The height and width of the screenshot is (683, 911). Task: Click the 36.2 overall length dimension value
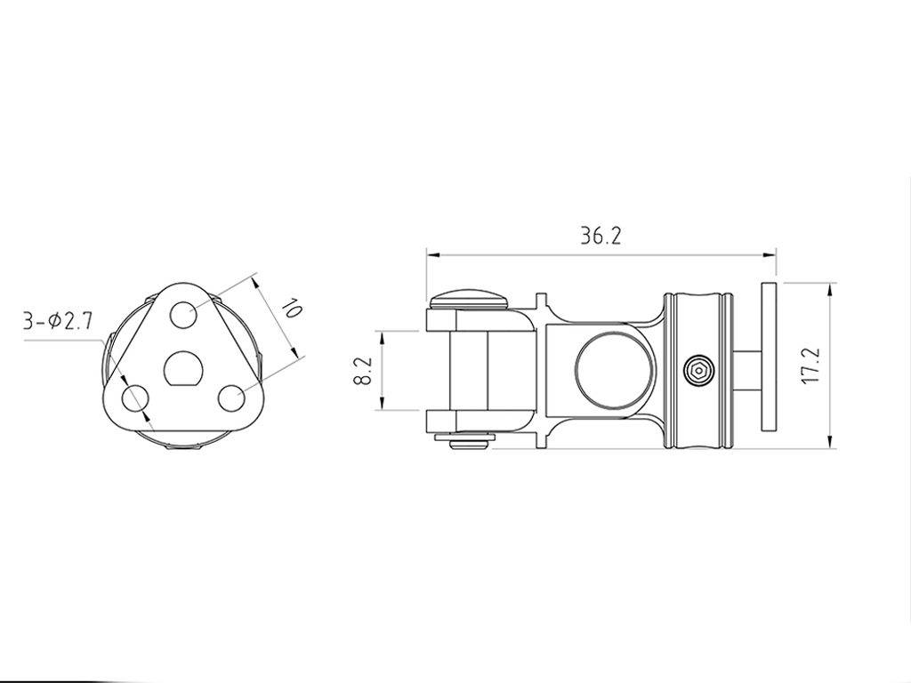[601, 236]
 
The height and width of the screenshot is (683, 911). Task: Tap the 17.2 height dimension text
[810, 366]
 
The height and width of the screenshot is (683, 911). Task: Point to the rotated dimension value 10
[291, 309]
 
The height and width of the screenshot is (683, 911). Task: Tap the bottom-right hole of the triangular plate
[231, 398]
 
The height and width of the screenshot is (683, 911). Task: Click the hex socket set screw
[698, 370]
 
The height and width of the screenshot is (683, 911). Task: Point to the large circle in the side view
[610, 370]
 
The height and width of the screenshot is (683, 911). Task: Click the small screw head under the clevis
[468, 441]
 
